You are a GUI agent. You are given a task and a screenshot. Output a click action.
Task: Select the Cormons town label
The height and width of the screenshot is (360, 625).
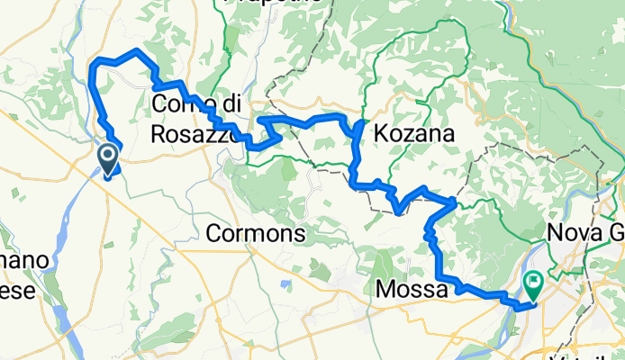click(x=255, y=234)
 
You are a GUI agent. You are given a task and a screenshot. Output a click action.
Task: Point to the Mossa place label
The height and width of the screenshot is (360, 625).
click(x=412, y=290)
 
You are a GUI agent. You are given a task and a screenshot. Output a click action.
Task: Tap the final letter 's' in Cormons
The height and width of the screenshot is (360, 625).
click(x=298, y=234)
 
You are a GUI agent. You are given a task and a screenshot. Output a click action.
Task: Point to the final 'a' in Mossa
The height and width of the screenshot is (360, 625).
click(x=441, y=290)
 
